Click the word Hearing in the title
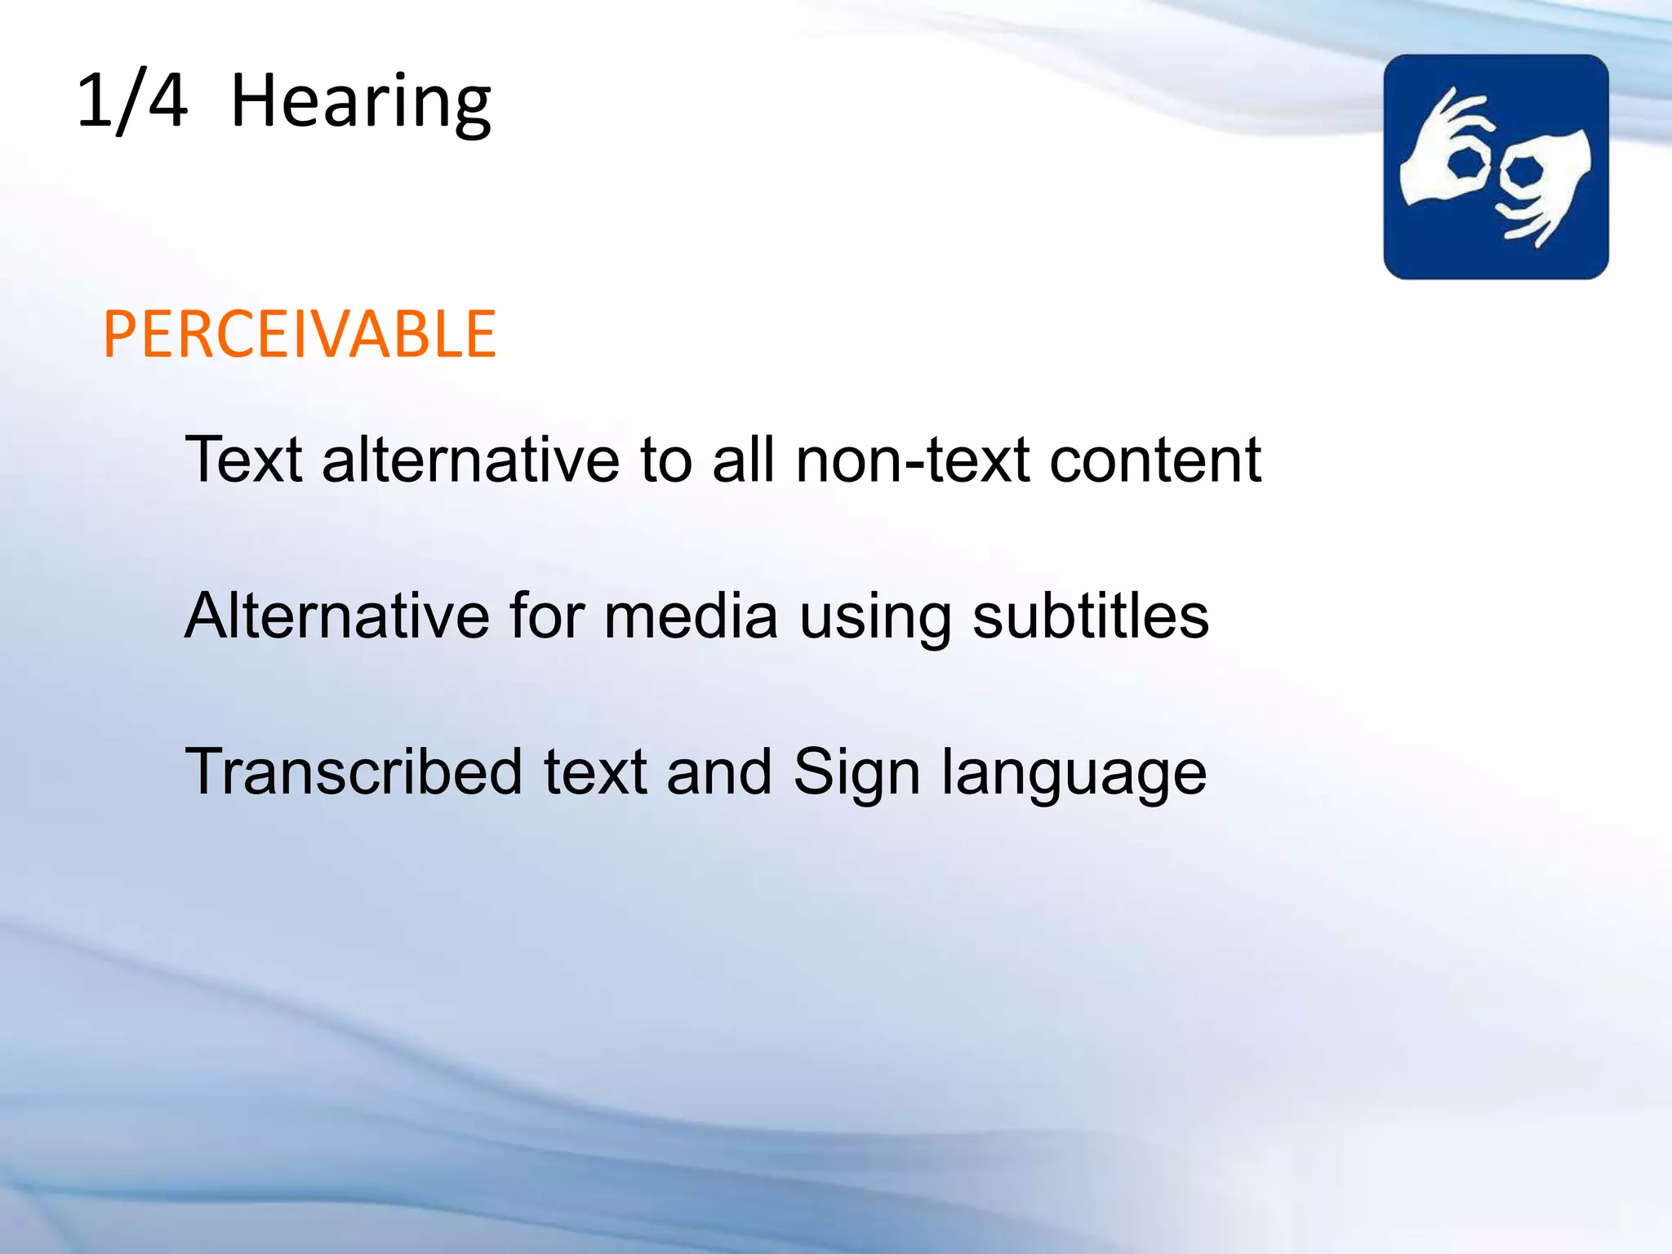click(x=361, y=103)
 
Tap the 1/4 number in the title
click(x=131, y=101)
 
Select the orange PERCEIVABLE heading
click(x=300, y=335)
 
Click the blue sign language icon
click(x=1496, y=167)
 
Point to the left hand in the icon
click(x=1445, y=155)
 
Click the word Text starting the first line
click(x=244, y=460)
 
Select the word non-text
click(x=912, y=460)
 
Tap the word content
click(x=1155, y=460)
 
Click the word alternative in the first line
click(x=471, y=460)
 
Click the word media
click(x=691, y=616)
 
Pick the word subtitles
click(x=1091, y=616)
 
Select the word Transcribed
click(x=354, y=772)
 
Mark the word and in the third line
click(x=719, y=772)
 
